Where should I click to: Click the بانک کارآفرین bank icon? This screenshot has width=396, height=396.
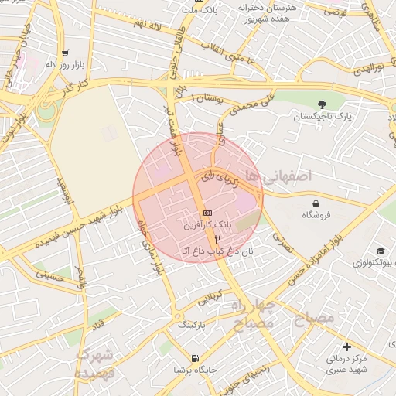tap(207, 213)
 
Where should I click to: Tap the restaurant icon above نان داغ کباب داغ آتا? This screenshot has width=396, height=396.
tap(207, 239)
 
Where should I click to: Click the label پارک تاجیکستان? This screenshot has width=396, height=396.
tap(322, 117)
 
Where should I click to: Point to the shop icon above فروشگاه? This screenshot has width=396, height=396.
tap(317, 203)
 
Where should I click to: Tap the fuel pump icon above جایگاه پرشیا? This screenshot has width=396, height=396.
tap(194, 358)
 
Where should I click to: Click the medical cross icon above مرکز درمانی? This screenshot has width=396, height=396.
tap(346, 347)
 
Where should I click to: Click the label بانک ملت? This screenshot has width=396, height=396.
tap(200, 9)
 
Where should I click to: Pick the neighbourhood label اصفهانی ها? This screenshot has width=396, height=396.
tap(277, 176)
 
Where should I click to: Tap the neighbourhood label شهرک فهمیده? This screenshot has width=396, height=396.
tap(96, 363)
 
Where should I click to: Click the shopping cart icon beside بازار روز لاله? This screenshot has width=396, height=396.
tap(64, 53)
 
